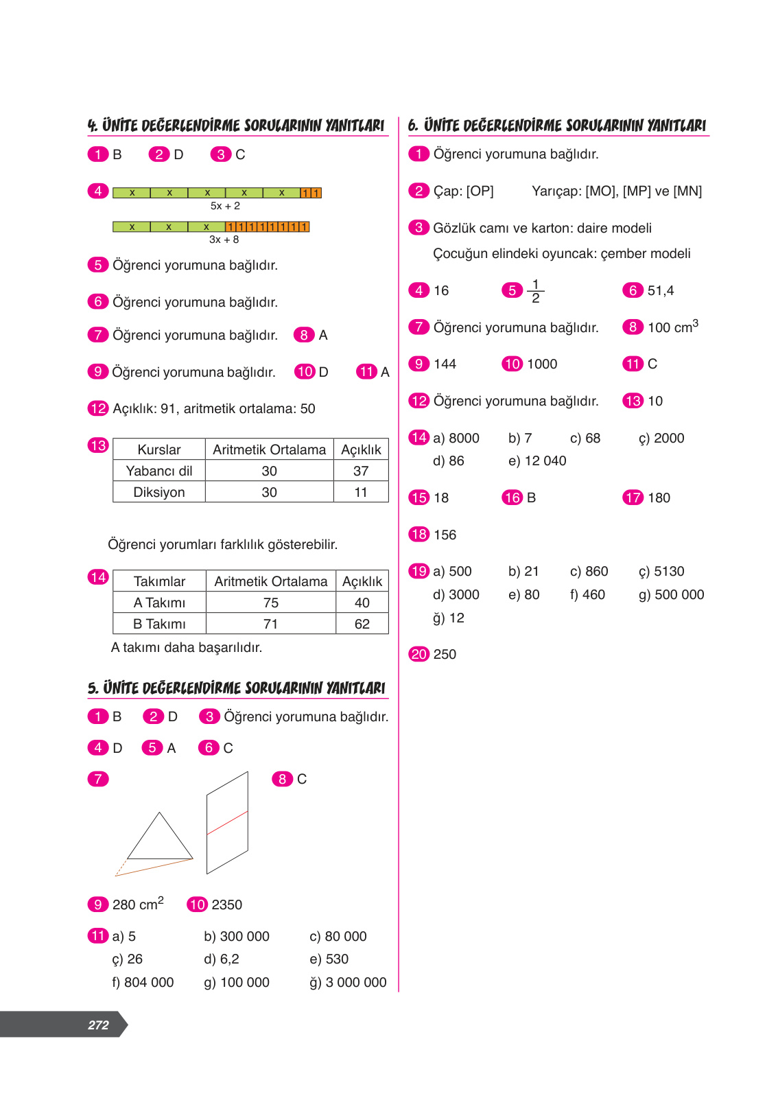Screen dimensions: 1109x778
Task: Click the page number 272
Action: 98,1025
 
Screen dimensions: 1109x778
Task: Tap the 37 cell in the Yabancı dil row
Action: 361,471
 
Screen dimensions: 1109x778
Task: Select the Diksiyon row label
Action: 159,492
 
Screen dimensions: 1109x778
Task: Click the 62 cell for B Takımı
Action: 362,624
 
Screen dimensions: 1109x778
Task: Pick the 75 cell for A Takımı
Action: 270,603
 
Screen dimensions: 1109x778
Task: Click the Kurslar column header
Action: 159,450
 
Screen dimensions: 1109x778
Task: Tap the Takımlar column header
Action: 159,581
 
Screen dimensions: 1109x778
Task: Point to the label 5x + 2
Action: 225,206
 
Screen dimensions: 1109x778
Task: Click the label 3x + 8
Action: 224,240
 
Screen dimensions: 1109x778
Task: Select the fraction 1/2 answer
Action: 536,290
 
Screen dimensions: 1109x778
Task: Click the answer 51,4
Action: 660,291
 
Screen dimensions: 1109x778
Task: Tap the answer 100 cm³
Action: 672,327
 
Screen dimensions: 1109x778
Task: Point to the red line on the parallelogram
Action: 228,822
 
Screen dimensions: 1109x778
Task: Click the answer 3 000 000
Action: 356,982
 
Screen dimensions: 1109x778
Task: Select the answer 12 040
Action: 545,460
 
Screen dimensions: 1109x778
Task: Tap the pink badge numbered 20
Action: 419,654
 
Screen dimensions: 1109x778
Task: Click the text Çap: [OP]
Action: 463,191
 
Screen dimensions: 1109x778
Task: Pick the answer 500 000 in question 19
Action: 679,594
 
